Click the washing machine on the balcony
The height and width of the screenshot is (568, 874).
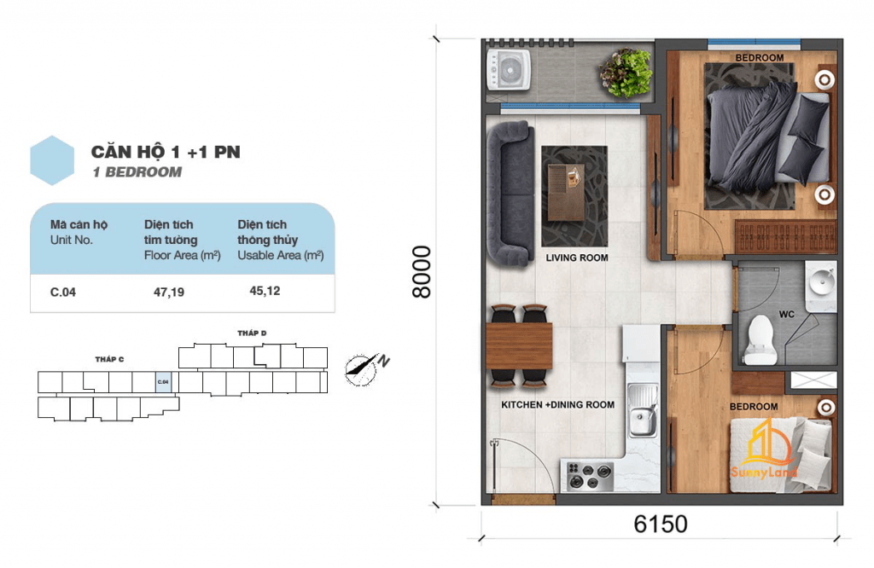509,70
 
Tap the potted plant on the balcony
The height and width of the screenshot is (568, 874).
626,73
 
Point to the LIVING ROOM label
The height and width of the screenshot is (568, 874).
577,258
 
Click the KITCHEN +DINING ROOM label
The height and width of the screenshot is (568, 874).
557,405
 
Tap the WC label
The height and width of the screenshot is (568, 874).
786,314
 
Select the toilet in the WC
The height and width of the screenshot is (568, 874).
760,340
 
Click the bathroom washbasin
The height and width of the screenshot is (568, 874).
821,283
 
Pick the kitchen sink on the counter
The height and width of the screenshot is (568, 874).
643,411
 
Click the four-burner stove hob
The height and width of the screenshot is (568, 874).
590,477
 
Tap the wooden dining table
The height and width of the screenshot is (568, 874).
519,345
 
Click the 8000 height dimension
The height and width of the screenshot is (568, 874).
422,272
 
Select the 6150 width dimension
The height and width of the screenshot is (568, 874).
661,524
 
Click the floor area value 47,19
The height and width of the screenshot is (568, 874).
169,292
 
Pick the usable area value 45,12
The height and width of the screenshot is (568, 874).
265,291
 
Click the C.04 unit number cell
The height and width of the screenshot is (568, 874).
63,292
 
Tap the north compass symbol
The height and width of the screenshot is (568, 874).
366,368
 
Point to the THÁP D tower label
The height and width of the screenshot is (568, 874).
252,333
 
